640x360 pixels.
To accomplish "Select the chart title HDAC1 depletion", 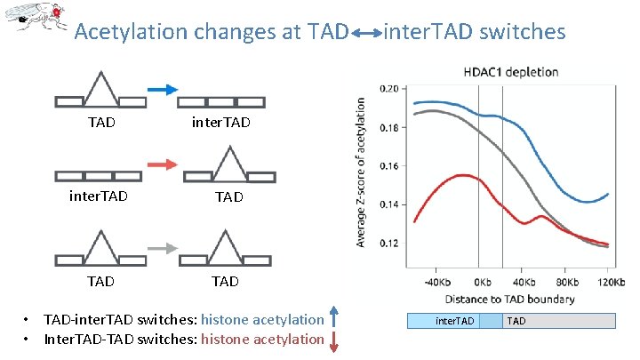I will (509, 72).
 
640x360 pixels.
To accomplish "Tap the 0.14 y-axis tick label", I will (389, 204).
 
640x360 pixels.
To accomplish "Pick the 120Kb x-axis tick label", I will (608, 282).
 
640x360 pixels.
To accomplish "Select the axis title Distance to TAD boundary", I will (509, 299).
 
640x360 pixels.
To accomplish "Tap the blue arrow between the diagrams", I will (162, 90).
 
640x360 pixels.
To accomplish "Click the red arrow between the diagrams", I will (162, 164).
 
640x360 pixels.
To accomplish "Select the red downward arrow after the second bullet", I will (334, 340).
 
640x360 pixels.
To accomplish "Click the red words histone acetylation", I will (262, 339).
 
